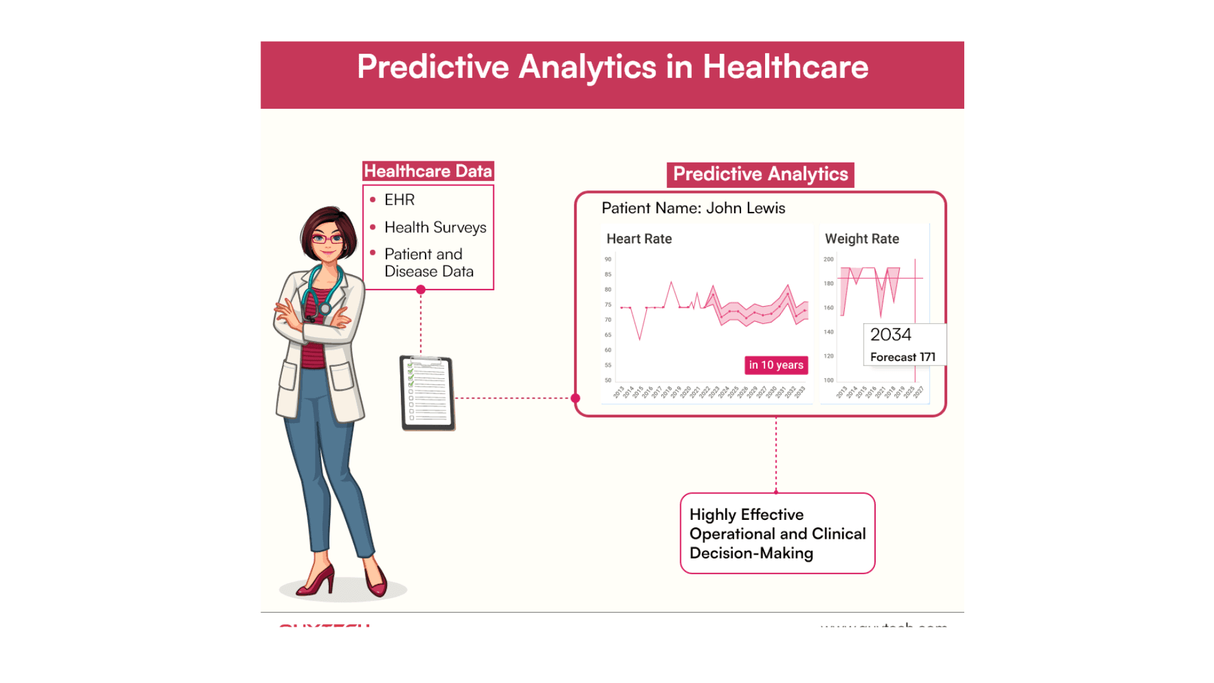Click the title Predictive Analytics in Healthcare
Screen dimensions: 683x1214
(612, 67)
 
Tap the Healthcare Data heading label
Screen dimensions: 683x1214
(428, 171)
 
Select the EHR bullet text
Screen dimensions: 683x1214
(399, 200)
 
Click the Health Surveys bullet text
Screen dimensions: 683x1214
(435, 228)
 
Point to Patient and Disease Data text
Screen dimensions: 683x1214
(429, 262)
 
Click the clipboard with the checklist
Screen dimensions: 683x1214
(427, 393)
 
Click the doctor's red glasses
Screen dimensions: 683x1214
(327, 239)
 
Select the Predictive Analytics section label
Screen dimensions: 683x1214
(760, 175)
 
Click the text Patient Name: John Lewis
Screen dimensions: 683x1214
(693, 208)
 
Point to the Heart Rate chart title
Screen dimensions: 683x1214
(639, 239)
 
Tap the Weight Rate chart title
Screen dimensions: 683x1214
(861, 239)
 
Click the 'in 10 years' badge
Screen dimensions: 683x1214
(776, 365)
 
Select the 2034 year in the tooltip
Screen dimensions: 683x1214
(890, 335)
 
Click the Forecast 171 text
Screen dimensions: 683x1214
(902, 357)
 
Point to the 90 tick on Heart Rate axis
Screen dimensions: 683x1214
(608, 259)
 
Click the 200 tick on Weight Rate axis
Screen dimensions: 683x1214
(828, 259)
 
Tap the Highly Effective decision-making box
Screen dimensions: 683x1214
(777, 534)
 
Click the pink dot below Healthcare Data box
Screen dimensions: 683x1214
(420, 290)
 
